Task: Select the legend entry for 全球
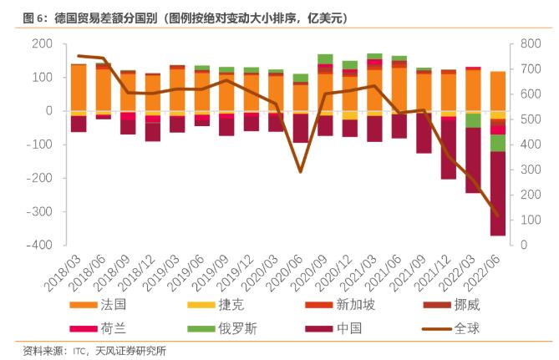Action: pos(467,327)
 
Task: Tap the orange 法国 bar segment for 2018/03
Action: pos(79,87)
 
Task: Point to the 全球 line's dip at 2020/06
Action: pos(300,171)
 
